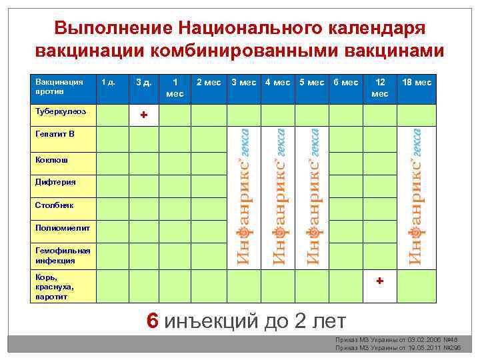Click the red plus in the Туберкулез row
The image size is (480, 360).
[x=143, y=115]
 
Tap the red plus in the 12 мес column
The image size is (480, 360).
[x=379, y=281]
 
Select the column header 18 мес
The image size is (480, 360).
[x=416, y=83]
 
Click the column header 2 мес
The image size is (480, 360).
[x=209, y=83]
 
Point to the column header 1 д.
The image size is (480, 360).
[x=108, y=83]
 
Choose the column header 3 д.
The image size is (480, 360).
[x=143, y=83]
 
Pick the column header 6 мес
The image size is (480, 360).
[x=345, y=83]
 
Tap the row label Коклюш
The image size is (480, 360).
[x=52, y=160]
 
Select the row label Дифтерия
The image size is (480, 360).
[x=55, y=182]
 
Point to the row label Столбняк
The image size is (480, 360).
[x=55, y=205]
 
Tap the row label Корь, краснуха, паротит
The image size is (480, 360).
[x=51, y=287]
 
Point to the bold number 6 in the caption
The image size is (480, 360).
[x=153, y=321]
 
